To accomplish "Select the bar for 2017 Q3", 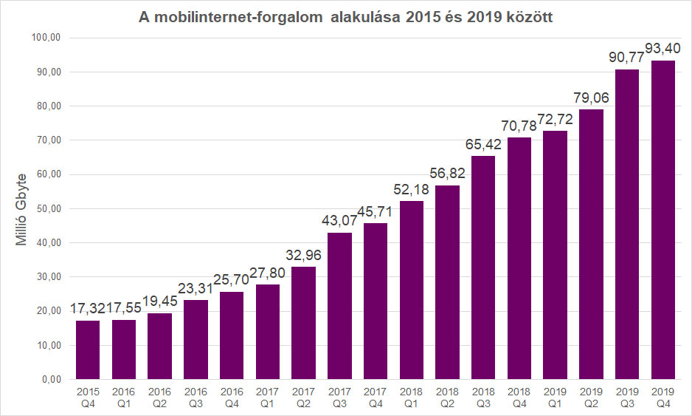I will tap(339, 306).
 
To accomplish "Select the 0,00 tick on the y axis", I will tap(51, 379).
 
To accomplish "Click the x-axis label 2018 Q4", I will tap(519, 397).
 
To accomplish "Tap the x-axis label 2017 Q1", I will tap(267, 397).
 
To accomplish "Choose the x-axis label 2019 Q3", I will tap(627, 397).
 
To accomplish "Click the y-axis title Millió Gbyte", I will tap(23, 208).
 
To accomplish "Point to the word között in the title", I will tap(527, 16).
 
